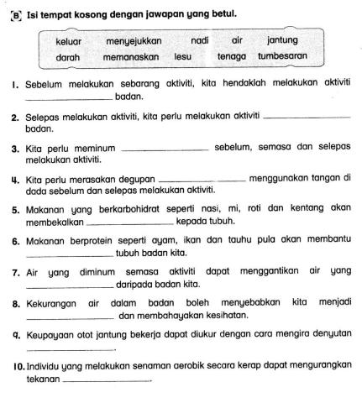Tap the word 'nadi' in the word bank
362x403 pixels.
pyautogui.click(x=200, y=40)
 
